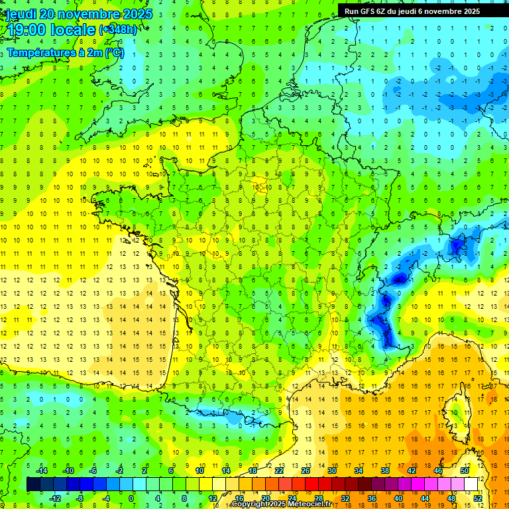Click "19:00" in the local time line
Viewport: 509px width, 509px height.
coord(26,30)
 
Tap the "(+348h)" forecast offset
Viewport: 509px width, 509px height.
coord(117,30)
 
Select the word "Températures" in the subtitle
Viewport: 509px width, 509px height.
coord(43,53)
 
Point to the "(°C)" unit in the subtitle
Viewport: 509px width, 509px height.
coord(114,53)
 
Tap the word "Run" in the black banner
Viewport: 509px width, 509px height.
coord(352,11)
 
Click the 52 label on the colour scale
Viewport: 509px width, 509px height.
coord(478,498)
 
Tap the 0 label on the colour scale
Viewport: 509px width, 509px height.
coord(131,498)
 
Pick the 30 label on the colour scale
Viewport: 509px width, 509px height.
coord(331,470)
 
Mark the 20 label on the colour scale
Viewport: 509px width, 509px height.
coord(265,498)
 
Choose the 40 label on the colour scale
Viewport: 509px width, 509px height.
coord(398,498)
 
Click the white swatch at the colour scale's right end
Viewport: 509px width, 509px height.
coord(471,484)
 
